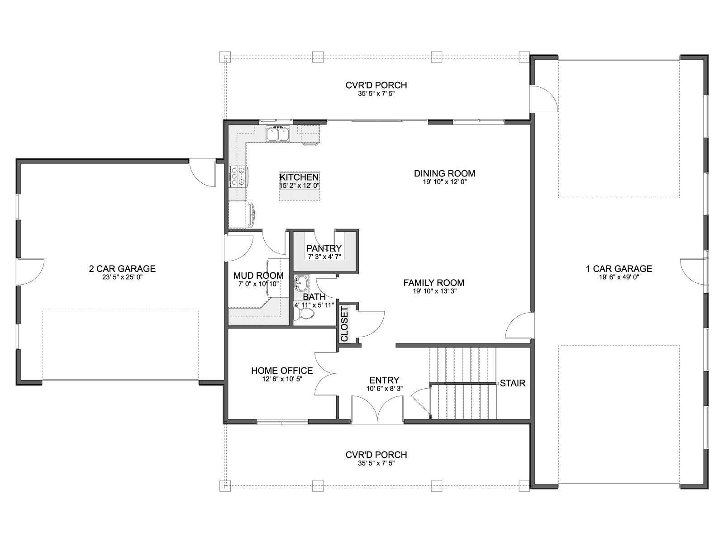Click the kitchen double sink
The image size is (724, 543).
point(278,134)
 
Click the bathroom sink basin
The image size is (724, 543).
point(300,282)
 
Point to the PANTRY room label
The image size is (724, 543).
point(324,248)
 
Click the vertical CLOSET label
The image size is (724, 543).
point(344,324)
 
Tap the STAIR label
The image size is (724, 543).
point(513,383)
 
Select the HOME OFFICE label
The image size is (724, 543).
point(282,371)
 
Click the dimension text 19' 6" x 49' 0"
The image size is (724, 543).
point(619,277)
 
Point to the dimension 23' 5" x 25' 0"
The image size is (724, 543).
point(122,277)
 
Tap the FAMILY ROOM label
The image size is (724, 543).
point(434,282)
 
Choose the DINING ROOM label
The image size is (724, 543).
point(445,173)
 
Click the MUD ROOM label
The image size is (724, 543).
point(258,275)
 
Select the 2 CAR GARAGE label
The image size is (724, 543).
point(122,269)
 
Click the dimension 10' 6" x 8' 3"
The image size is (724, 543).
point(384,388)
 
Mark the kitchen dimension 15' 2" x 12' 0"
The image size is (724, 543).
point(300,186)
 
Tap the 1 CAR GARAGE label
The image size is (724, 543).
point(619,269)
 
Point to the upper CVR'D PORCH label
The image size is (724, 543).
point(376,85)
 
